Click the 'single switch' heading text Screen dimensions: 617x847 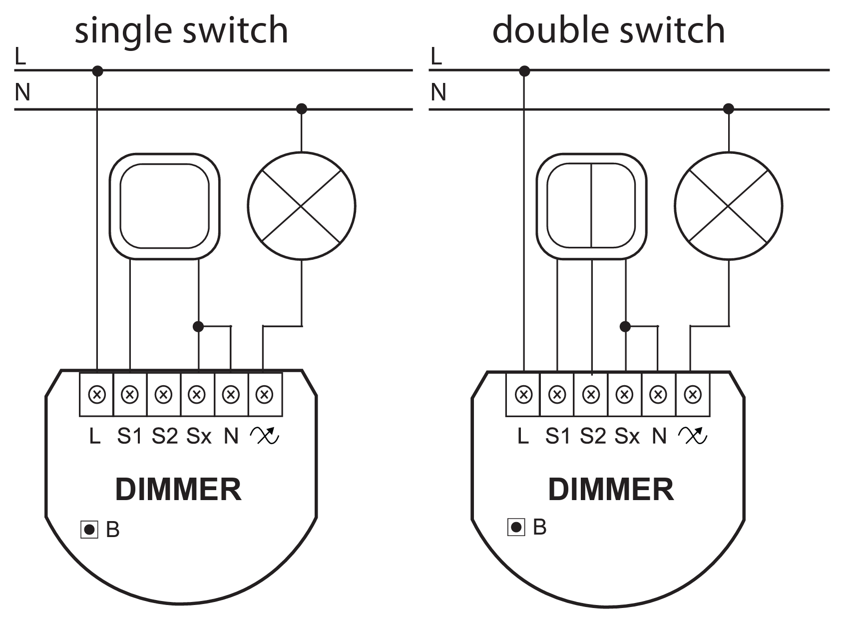click(181, 30)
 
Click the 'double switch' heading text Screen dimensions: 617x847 click(608, 30)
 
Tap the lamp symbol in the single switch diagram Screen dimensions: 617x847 click(302, 206)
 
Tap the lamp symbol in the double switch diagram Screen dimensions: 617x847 click(729, 206)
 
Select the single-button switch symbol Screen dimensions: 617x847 click(164, 206)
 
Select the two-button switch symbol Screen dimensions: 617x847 click(591, 206)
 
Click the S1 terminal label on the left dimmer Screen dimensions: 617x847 click(130, 436)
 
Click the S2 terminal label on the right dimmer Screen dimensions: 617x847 click(593, 436)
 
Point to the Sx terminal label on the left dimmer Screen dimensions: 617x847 click(199, 436)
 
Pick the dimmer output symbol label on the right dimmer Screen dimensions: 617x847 click(693, 436)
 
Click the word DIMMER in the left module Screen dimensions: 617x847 click(178, 490)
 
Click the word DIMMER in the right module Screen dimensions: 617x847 click(611, 490)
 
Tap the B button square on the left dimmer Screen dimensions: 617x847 click(89, 530)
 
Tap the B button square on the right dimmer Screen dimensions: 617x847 click(516, 527)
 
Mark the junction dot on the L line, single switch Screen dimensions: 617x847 click(98, 71)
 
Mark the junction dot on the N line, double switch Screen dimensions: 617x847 click(729, 108)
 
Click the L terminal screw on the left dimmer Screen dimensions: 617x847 click(96, 395)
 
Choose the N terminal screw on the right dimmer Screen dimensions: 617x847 click(658, 395)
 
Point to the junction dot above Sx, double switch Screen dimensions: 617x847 click(625, 327)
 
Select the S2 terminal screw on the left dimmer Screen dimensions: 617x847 click(164, 395)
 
